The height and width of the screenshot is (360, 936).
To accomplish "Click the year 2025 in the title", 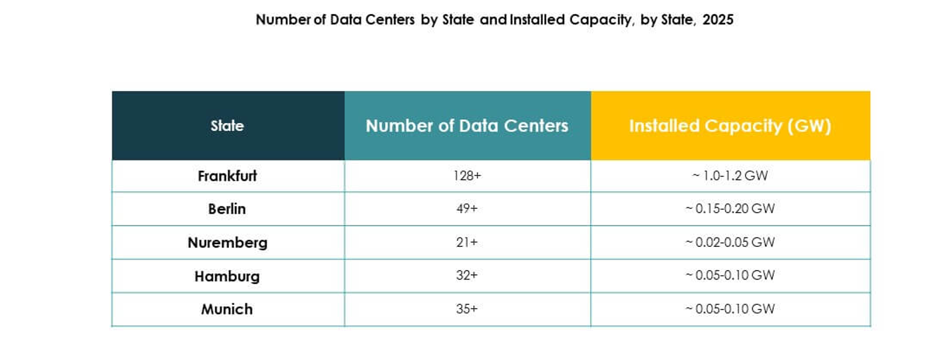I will coord(718,20).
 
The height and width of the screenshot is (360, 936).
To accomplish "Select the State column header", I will coord(228,126).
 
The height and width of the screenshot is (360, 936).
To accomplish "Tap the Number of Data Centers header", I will coord(467,126).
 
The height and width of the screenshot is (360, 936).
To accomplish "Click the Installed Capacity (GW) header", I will coord(730,126).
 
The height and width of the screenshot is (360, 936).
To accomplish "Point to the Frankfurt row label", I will coord(228,176).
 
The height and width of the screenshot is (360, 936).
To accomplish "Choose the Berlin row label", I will coord(228,209).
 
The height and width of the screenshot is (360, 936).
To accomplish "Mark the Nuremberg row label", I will coord(228,242).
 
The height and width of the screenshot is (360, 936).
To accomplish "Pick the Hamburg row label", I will coord(228,276).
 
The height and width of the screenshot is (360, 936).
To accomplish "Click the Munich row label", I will coord(228,309).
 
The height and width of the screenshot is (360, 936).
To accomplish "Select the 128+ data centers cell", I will coord(467,176).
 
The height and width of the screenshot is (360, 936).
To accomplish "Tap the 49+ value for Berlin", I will coord(467,209).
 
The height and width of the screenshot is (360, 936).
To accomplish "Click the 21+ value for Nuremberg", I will coord(467,242).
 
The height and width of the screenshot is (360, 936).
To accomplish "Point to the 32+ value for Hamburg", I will coord(467,275).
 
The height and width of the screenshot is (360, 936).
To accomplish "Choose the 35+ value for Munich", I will coord(467,309).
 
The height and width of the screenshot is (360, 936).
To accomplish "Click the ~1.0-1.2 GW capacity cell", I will coord(730,176).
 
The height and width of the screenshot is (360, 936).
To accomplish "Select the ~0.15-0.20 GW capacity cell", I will coord(730,209).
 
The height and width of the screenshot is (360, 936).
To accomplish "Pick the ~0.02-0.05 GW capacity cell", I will coord(730,242).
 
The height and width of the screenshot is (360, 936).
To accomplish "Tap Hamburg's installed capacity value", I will coord(730,275).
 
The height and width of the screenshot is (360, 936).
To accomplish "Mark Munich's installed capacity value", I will coord(730,309).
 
